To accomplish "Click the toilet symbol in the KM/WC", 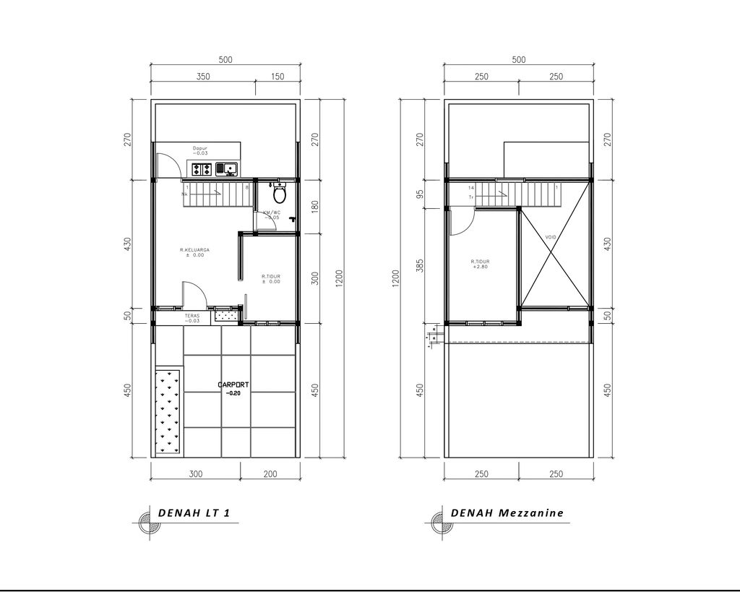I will [280, 195].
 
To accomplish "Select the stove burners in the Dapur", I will [202, 169].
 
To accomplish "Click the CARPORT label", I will [232, 385].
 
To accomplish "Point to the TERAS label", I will [191, 317].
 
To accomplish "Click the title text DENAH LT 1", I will [194, 513].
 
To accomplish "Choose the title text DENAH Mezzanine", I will [507, 513].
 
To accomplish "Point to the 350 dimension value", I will [203, 77].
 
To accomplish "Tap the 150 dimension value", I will [277, 77].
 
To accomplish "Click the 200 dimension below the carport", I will [270, 474].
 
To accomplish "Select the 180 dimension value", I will [314, 207].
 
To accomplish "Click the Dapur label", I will [199, 149].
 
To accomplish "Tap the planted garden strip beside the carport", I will [168, 411].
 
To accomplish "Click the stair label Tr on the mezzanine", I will [471, 197].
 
